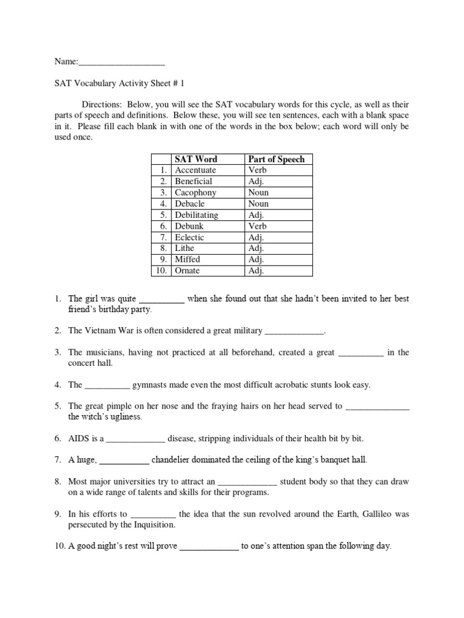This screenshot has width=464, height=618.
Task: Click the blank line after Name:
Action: coord(121,62)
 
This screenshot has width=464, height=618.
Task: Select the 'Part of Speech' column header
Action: coord(276,159)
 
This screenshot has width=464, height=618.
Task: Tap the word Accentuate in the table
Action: coord(195,170)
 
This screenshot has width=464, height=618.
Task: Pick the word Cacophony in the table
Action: coord(195,193)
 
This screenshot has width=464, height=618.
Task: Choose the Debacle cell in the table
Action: coord(190,204)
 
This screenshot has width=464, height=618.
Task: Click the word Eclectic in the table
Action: coord(189,237)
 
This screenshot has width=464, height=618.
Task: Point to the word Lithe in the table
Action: coord(185,249)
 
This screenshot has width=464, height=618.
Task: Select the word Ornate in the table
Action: coord(187,271)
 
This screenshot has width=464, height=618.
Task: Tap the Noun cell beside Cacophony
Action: coord(258,193)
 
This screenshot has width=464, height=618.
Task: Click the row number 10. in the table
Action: coord(160,271)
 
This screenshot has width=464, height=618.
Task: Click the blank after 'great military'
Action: coord(295,331)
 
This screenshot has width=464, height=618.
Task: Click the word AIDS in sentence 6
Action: coord(79,439)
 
